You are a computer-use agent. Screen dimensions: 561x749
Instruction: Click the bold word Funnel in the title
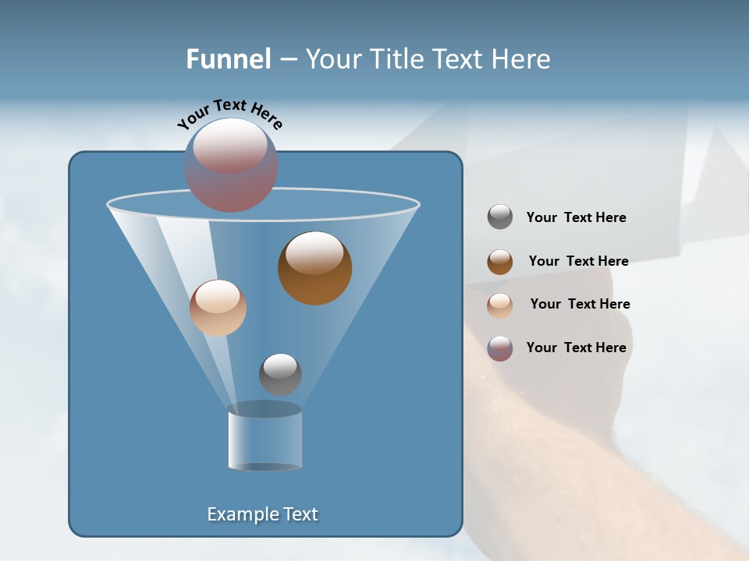(228, 59)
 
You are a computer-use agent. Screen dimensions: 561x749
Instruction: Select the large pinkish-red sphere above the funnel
(231, 164)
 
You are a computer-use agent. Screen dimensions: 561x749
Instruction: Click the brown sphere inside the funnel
(314, 269)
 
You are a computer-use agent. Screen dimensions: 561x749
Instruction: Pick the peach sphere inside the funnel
(218, 308)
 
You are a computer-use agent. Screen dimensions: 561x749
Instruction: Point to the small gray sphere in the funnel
(280, 374)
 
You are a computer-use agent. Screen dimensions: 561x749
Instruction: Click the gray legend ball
(500, 217)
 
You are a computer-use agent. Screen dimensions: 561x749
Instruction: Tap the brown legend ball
(500, 262)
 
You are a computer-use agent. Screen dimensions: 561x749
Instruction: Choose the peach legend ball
(500, 305)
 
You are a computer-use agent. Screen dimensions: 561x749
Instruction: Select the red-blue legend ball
(500, 348)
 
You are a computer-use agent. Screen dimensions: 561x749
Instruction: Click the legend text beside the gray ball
(576, 218)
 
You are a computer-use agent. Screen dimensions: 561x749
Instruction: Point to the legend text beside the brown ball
(578, 261)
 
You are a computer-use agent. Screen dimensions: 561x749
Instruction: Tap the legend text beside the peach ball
(580, 304)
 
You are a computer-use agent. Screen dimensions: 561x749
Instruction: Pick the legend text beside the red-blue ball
(576, 348)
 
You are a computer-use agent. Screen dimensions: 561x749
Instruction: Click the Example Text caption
(262, 514)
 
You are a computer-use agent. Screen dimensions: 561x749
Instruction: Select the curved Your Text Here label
(229, 114)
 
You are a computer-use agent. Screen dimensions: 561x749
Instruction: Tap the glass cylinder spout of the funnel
(264, 438)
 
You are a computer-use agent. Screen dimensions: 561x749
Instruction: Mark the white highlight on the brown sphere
(314, 253)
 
